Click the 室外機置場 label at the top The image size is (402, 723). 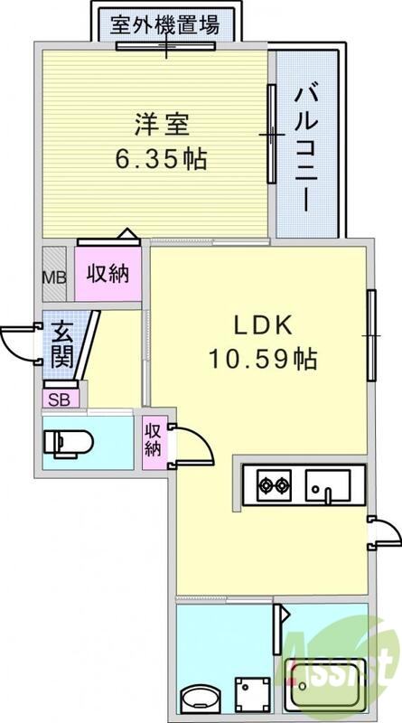click(x=164, y=24)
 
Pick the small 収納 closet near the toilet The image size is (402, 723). click(x=154, y=439)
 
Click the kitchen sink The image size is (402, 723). click(x=324, y=487)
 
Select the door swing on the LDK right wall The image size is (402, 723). click(x=382, y=533)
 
